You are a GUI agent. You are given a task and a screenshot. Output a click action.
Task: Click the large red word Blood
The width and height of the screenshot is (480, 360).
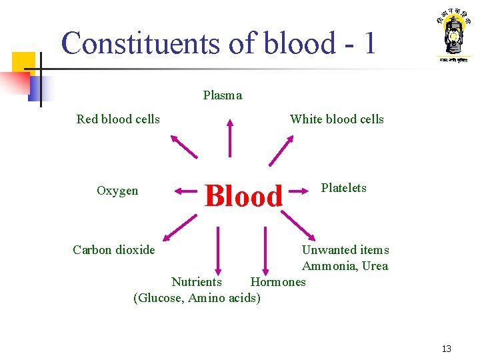tap(244, 196)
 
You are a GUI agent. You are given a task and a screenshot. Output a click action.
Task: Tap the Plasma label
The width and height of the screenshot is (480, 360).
tap(223, 95)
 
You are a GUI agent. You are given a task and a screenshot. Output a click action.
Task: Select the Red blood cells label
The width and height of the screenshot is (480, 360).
tap(118, 119)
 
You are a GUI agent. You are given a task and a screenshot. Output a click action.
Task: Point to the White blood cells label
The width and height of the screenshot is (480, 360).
tap(337, 119)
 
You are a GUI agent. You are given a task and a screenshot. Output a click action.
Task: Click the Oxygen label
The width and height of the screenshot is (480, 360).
tap(117, 191)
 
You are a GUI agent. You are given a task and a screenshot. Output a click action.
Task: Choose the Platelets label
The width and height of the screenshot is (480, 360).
tap(343, 188)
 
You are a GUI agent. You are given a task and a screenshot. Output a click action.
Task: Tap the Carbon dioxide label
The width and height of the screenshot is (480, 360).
tap(113, 250)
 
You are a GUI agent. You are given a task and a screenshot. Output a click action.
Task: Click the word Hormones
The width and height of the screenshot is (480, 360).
tap(278, 282)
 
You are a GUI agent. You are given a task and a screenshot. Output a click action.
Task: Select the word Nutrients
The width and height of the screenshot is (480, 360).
tap(197, 282)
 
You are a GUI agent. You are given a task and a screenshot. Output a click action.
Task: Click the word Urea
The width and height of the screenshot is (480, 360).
tap(375, 266)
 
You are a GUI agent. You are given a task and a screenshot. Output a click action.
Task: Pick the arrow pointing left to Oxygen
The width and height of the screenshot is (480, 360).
tap(187, 191)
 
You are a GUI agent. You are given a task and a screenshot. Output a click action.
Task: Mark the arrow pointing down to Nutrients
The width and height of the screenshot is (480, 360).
tap(217, 249)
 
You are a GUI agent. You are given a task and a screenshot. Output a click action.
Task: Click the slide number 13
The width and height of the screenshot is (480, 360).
tap(446, 349)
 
